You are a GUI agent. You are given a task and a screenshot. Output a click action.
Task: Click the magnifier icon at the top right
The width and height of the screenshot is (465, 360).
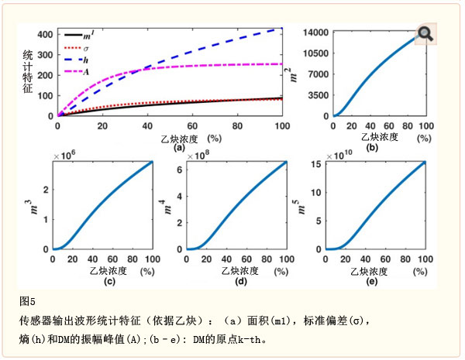pos(425,33)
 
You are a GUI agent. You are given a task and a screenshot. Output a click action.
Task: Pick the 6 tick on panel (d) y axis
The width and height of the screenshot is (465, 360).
pos(179,169)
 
